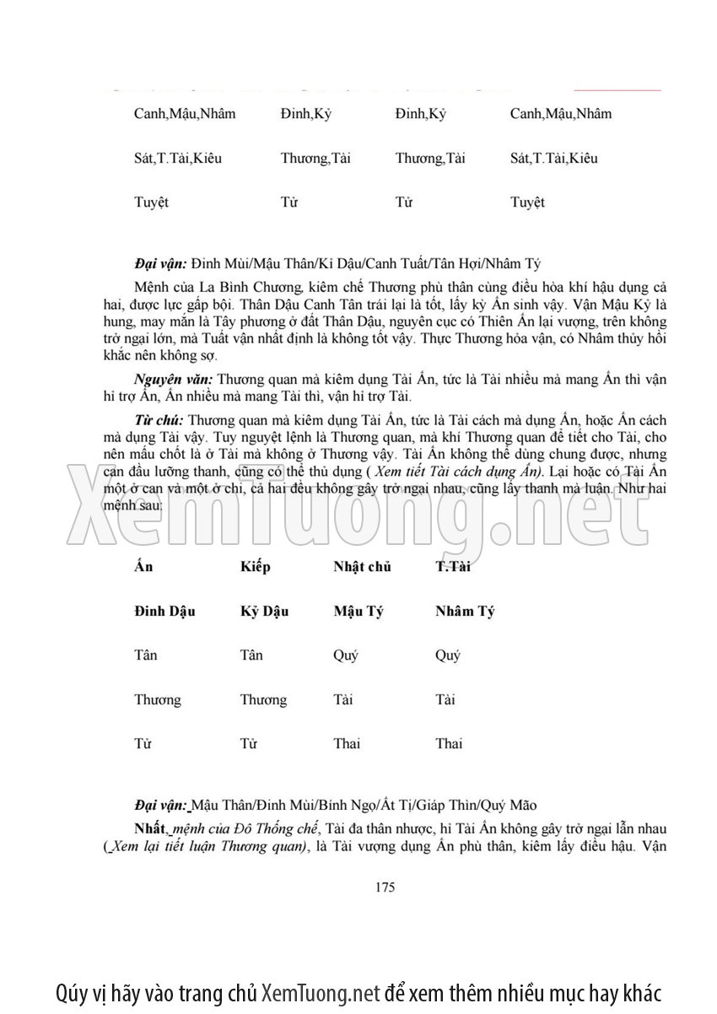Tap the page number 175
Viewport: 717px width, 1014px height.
pos(383,887)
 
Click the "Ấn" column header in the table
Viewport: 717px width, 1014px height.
pos(143,567)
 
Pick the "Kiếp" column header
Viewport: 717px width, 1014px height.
pos(255,567)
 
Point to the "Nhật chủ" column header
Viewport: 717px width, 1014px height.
pos(362,567)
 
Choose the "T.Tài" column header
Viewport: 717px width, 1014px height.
pos(453,567)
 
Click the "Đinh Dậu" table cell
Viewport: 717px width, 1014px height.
pos(164,612)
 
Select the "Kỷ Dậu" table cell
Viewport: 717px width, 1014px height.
pos(264,612)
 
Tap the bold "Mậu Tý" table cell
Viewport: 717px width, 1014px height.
pos(358,612)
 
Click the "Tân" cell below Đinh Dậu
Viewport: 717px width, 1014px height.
pos(146,655)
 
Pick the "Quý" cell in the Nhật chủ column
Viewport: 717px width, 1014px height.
pos(346,655)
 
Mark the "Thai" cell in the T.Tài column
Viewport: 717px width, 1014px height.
pos(449,744)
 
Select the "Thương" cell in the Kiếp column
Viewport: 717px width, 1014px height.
pos(263,700)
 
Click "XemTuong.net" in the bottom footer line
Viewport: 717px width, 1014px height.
pos(321,992)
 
